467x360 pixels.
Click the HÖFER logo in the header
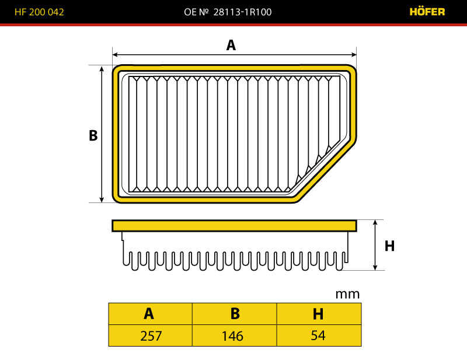427,12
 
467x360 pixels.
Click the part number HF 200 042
39,12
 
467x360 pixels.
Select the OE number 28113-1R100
242,12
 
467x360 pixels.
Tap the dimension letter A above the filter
231,46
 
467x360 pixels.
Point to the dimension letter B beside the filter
93,135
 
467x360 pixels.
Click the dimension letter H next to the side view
389,246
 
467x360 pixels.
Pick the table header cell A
151,314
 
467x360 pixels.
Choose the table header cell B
235,314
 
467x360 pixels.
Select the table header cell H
319,314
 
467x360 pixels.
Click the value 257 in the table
151,336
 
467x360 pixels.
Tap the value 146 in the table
232,336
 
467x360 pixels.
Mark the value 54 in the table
318,335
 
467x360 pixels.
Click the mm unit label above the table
347,294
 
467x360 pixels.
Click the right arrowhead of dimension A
353,54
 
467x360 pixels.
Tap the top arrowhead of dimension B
102,69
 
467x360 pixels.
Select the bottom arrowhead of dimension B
102,199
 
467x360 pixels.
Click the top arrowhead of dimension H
375,223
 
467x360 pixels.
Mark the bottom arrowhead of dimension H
375,267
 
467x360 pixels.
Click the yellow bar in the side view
234,226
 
